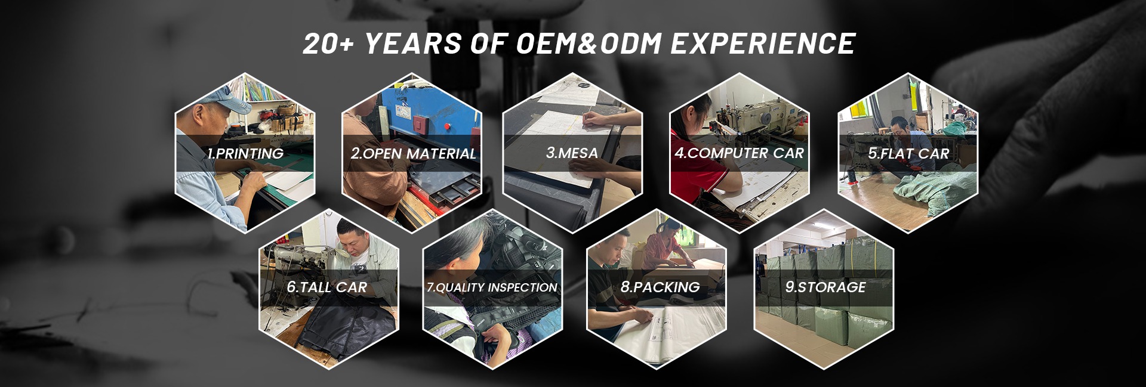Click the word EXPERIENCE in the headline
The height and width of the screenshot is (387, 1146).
763,44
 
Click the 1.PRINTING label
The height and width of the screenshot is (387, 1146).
245,153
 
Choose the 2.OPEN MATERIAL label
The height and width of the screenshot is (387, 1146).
413,153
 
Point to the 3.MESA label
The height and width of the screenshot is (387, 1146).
572,153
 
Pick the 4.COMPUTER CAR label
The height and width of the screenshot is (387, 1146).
739,153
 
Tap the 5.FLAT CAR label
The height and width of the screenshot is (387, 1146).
908,153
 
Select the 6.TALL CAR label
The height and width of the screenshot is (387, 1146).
326,287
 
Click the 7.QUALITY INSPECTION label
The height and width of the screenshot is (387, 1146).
492,287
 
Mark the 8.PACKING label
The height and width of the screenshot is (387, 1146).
660,287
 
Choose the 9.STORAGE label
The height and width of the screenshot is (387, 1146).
825,287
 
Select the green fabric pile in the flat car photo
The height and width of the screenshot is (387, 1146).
934,193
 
